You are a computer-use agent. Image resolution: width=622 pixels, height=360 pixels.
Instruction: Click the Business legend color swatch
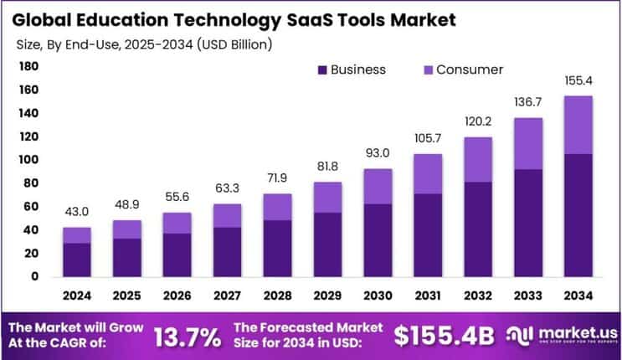(321, 70)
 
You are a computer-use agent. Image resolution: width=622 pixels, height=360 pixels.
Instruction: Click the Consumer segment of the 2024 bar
(77, 234)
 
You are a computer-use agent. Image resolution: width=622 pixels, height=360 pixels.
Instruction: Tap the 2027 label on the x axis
(227, 295)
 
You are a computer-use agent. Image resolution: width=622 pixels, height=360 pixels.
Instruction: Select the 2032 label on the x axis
(477, 295)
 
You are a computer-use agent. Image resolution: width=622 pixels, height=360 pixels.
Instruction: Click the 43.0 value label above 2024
(77, 212)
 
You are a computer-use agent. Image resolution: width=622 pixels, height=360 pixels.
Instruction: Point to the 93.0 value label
(378, 153)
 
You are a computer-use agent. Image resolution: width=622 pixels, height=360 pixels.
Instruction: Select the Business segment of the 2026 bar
(177, 255)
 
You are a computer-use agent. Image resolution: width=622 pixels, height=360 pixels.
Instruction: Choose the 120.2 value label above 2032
(477, 121)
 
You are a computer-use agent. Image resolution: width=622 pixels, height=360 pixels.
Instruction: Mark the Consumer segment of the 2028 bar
(277, 207)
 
